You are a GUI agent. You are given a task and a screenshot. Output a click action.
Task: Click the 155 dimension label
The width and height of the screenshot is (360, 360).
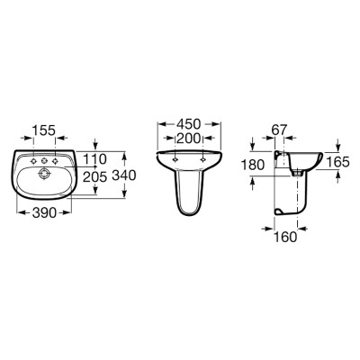[44, 130]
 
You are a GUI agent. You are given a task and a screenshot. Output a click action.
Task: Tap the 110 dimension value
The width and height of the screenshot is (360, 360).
[94, 159]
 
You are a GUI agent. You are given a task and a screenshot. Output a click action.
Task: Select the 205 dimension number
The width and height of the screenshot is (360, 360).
[94, 177]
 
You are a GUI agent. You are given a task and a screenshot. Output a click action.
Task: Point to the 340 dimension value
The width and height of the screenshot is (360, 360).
[124, 175]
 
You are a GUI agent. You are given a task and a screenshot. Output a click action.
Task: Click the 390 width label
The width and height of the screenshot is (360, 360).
[44, 212]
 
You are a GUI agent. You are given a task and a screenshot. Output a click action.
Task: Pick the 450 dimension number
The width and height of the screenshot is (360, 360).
[188, 124]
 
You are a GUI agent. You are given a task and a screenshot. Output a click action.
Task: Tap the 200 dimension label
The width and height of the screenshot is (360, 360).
[188, 139]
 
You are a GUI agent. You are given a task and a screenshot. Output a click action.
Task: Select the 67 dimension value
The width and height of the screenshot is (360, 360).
[280, 130]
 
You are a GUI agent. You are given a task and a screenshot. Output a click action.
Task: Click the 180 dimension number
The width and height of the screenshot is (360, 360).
[253, 165]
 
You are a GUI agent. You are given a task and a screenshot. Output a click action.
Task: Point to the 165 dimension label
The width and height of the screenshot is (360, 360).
[337, 162]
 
